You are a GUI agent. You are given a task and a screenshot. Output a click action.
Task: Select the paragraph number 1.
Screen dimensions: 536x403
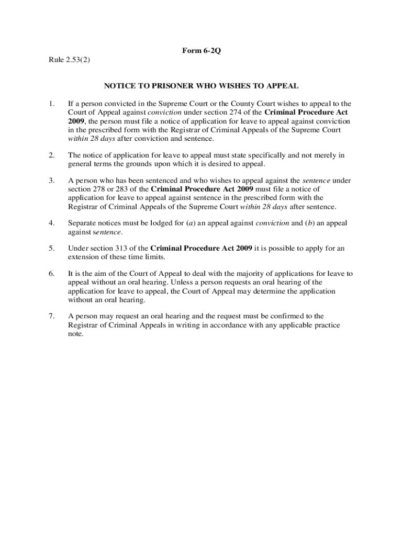(51, 104)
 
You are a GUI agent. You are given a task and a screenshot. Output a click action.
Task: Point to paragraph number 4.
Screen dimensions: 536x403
(51, 223)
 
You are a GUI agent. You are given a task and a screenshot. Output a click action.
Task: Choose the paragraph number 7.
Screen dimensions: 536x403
(51, 316)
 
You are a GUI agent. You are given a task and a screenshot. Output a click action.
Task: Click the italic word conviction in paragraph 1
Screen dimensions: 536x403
(164, 112)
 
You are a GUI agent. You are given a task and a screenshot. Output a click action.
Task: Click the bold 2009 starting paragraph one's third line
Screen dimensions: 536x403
(76, 121)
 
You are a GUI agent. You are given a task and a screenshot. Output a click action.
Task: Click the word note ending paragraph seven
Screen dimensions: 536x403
(75, 333)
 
